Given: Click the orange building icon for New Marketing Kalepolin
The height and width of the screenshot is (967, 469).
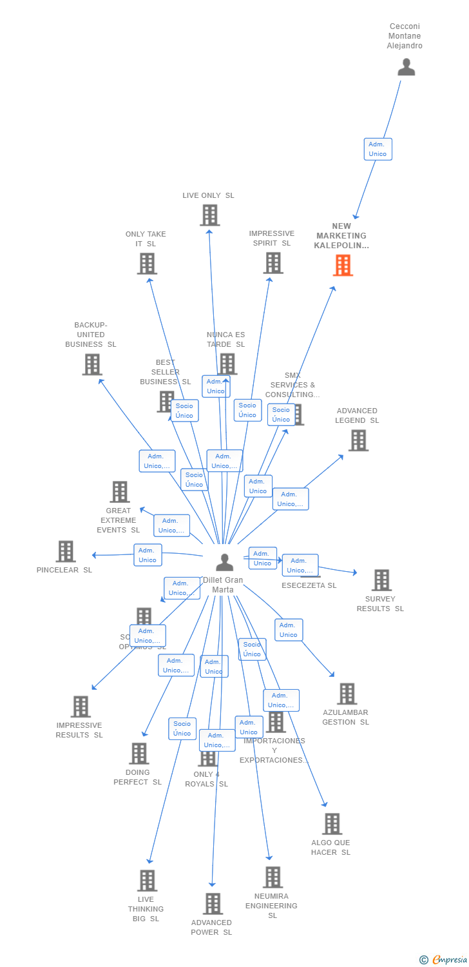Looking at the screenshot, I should pos(343,265).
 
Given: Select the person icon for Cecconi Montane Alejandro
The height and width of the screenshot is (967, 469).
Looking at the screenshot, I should pos(406,67).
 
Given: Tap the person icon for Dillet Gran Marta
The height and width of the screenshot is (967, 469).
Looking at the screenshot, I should pos(224,562).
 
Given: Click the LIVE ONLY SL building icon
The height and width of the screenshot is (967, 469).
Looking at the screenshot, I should pos(209,215).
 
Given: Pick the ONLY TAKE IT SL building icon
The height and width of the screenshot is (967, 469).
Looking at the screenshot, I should pos(147,263).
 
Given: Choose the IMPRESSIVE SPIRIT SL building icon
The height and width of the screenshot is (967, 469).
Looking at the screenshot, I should pos(273,262).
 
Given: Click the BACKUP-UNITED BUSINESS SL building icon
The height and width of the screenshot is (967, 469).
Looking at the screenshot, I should pos(92,364).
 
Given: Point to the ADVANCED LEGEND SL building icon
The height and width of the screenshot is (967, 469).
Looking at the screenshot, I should pos(358,440).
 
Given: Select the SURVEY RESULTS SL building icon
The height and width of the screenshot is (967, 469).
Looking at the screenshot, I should pos(381,580).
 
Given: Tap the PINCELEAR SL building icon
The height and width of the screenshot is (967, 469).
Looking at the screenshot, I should pos(66,551).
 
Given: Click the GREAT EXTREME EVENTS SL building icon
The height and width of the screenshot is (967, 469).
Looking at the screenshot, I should pos(119,492).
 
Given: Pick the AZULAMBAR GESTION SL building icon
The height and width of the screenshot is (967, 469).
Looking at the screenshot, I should pos(347,694).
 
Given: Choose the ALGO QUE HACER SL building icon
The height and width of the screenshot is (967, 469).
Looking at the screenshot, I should pos(332,823).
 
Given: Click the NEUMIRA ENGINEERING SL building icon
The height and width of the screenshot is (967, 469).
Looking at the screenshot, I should pos(273,877).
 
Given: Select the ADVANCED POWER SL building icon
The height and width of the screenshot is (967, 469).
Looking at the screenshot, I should pos(213,903).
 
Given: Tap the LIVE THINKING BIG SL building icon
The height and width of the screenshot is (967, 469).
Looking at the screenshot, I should pos(147,880).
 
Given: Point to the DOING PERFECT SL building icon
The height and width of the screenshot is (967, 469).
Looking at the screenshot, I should pos(139,753).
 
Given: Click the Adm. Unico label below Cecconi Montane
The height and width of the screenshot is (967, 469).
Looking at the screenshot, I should pos(378,149).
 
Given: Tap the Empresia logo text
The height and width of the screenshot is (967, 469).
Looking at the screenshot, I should pos(450,960).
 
